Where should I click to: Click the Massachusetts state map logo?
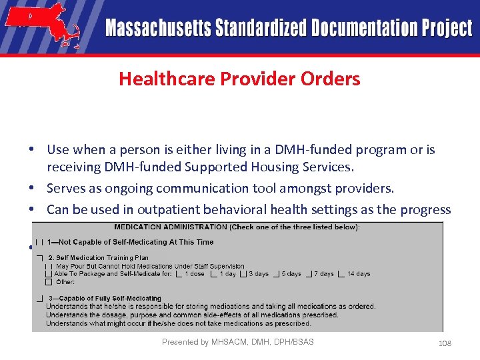pos(41,25)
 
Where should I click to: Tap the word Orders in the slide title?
pos(330,79)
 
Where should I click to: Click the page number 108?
pos(445,343)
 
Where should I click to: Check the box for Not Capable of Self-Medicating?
pos(41,243)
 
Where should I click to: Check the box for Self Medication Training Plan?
pos(41,257)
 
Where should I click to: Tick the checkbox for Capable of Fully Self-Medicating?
pos(41,298)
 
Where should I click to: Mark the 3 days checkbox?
pos(243,274)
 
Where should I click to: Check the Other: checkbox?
pos(49,281)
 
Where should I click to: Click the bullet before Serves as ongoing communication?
pos(32,189)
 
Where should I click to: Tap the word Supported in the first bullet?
pos(235,167)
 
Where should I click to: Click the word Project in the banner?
pos(447,29)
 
